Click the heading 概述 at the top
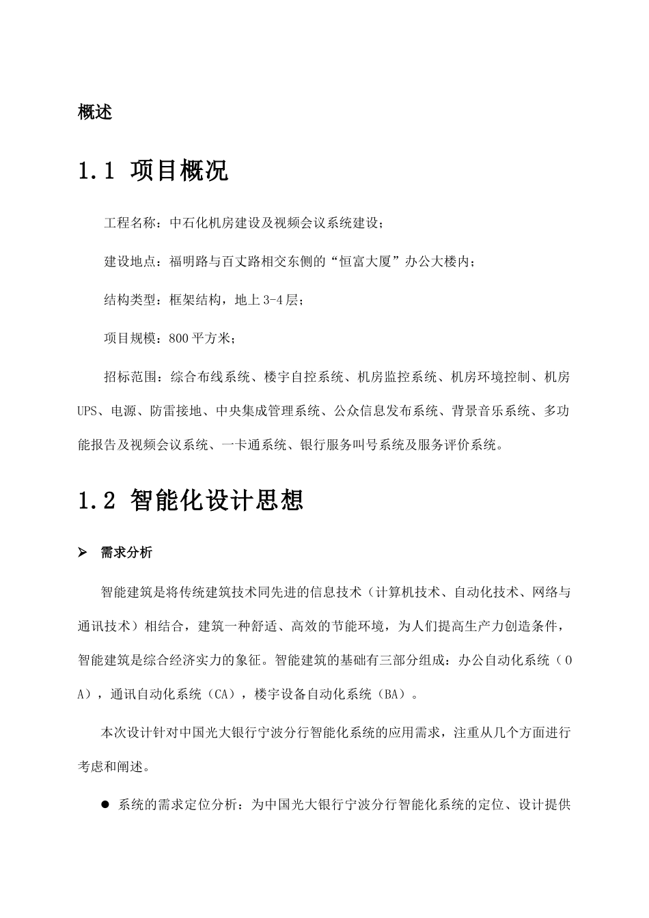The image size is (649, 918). pos(95,112)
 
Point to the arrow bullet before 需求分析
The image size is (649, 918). pos(83,553)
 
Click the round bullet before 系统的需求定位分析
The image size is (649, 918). pos(106,805)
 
